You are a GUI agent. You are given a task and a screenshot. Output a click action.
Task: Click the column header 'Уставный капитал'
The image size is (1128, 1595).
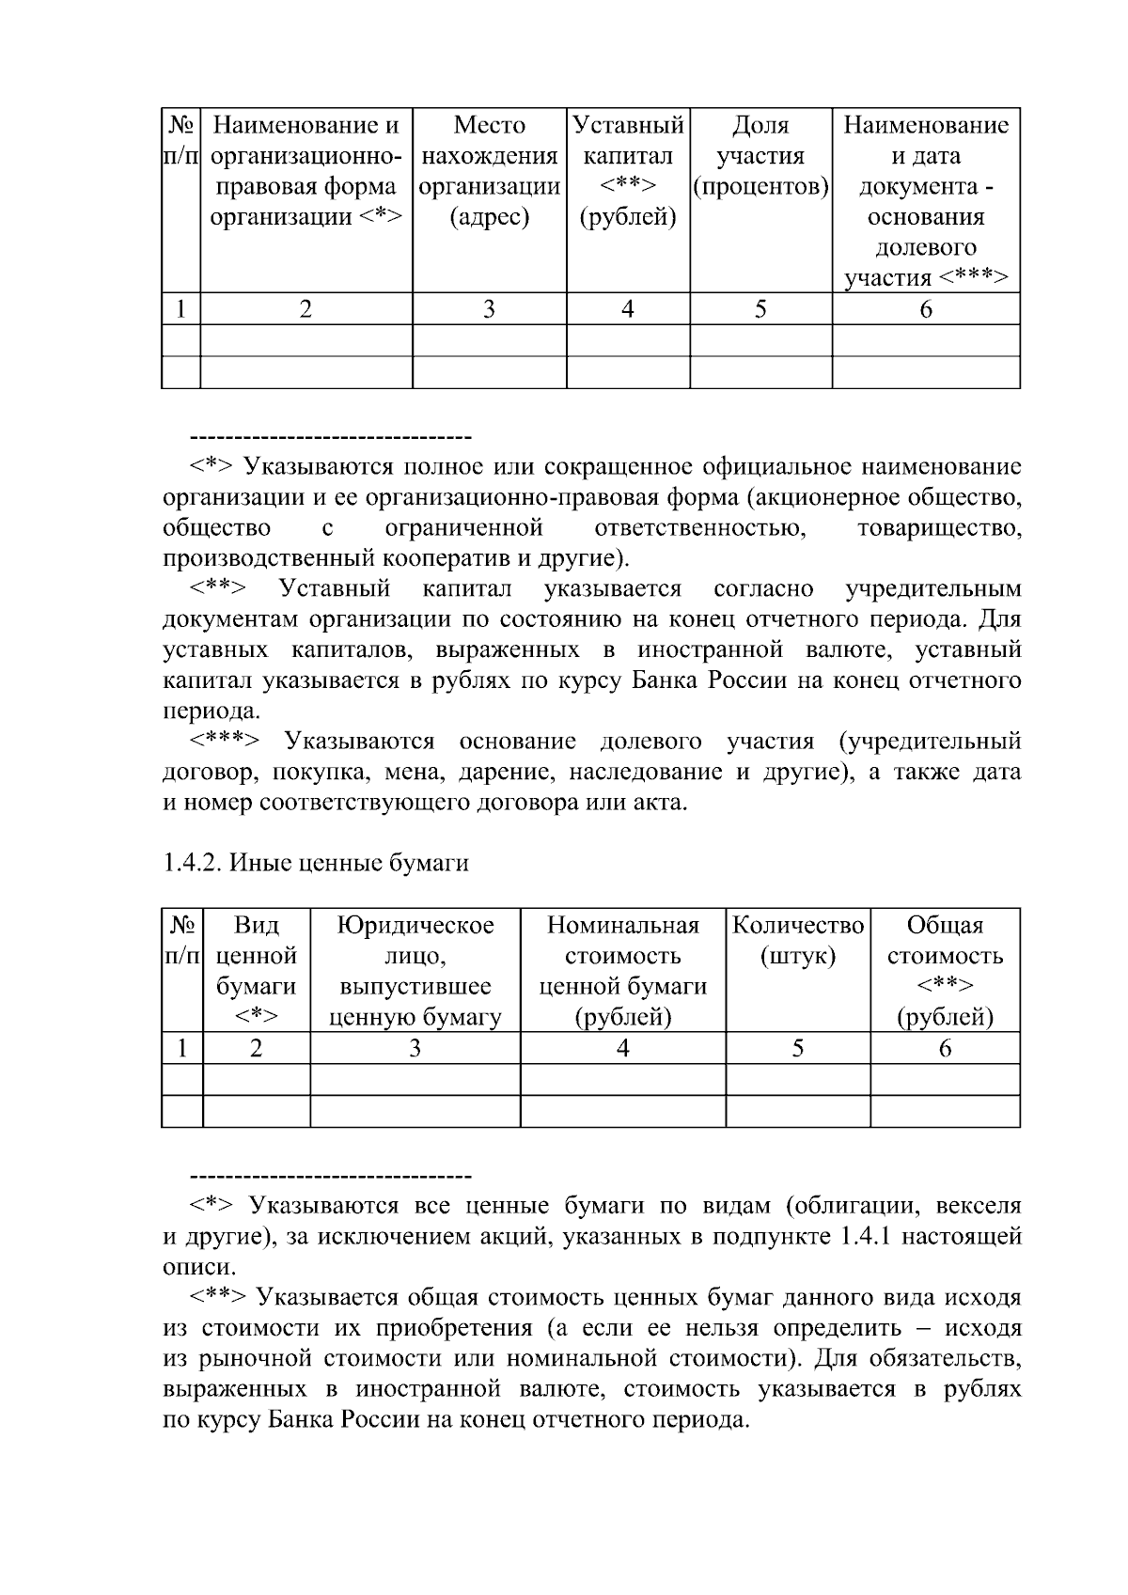click(628, 171)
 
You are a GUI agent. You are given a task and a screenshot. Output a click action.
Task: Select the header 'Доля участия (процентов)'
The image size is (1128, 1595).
click(760, 156)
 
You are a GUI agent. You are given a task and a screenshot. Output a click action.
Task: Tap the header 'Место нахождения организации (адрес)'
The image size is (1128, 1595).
click(489, 171)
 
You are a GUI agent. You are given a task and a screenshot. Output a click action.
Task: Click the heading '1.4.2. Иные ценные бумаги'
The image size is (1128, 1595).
click(315, 863)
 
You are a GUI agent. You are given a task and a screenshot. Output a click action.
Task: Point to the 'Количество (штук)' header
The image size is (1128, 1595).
click(797, 941)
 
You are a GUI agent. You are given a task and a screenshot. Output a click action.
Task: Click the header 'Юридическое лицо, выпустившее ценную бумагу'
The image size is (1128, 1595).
click(415, 971)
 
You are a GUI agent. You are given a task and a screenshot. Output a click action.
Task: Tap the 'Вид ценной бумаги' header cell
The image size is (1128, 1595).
click(256, 971)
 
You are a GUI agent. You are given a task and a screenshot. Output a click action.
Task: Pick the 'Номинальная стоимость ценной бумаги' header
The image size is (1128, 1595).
click(622, 971)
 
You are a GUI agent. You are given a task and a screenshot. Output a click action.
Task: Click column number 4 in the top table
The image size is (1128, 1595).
click(628, 308)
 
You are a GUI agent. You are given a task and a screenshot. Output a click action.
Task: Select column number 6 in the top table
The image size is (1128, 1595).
click(926, 308)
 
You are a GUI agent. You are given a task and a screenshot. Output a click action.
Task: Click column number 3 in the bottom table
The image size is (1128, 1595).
click(415, 1048)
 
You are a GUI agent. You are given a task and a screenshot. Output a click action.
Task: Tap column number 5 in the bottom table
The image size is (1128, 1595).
click(797, 1048)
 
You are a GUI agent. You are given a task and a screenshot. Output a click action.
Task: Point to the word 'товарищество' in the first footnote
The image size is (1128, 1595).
click(939, 528)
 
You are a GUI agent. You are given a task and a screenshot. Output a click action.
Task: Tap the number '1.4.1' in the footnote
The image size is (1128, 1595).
click(863, 1236)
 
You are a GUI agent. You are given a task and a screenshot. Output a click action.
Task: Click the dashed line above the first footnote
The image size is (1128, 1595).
click(330, 438)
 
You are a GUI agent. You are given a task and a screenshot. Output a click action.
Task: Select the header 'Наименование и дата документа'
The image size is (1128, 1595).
click(926, 201)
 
